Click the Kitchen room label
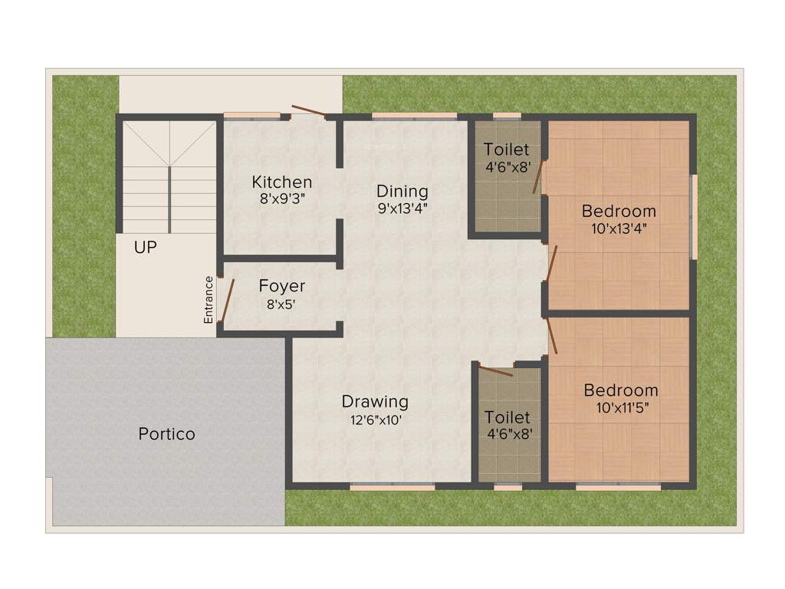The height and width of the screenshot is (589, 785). coord(282,183)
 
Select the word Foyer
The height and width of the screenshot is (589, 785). coord(282,286)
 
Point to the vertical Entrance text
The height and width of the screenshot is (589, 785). coord(209,299)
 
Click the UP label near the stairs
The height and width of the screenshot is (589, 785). coord(146,248)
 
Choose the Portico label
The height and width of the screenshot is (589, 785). coord(166,434)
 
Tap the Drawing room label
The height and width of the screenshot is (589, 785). coord(375,401)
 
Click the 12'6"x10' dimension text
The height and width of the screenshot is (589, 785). coord(375,420)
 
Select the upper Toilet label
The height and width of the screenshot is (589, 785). coord(506,150)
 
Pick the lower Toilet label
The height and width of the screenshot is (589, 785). coord(507,417)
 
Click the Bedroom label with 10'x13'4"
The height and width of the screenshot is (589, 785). coord(619,211)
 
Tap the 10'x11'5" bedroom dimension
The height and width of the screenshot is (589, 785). coord(621,408)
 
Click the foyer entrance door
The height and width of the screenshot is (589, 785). coord(225,300)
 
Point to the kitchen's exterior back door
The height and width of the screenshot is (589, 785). coord(309,112)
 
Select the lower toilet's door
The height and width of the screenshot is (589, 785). coord(495,372)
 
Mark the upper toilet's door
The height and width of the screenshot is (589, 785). coord(539,177)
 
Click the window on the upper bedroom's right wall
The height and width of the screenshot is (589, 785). coord(694,217)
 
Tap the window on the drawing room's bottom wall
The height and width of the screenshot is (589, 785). coord(392,486)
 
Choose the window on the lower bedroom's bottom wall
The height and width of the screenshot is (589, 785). coord(618,486)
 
